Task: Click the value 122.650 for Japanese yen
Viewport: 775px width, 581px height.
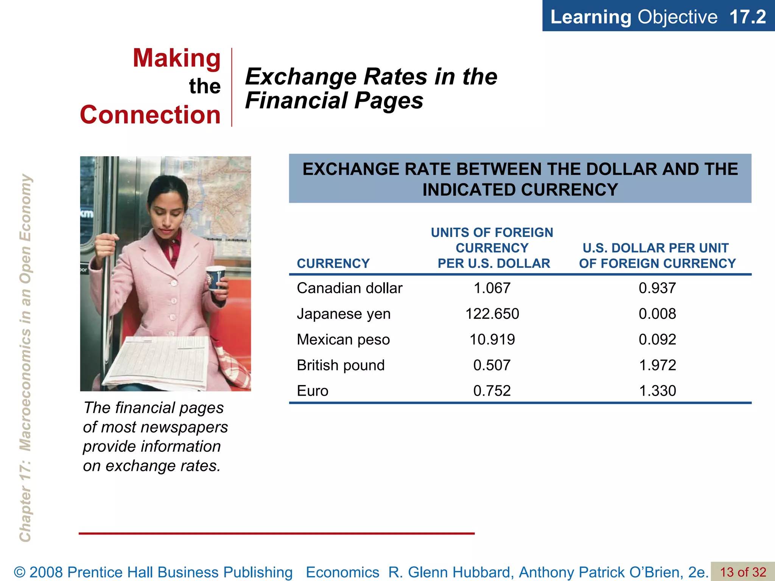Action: click(x=492, y=314)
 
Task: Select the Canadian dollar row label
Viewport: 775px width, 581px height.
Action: click(x=349, y=288)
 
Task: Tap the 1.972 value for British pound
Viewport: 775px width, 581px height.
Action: click(x=657, y=365)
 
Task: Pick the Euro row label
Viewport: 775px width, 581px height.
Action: click(x=313, y=391)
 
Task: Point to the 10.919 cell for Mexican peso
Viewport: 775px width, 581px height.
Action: click(x=492, y=340)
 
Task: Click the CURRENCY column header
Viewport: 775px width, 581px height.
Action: click(x=333, y=263)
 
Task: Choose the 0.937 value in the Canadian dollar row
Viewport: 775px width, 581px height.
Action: click(x=657, y=288)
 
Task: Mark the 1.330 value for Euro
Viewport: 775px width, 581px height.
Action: click(x=657, y=391)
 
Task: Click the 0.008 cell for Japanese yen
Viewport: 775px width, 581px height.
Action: click(x=657, y=314)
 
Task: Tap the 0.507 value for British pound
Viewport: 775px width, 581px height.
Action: click(x=492, y=365)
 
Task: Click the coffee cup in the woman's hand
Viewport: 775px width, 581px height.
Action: click(x=216, y=278)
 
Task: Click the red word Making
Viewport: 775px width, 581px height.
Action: click(x=177, y=58)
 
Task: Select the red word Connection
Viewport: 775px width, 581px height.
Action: click(x=150, y=115)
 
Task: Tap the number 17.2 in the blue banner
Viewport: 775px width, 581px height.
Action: click(x=747, y=17)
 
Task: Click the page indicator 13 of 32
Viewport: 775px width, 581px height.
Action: click(x=743, y=572)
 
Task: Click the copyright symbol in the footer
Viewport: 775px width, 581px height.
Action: click(x=20, y=572)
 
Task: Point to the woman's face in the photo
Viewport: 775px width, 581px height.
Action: click(x=167, y=212)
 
